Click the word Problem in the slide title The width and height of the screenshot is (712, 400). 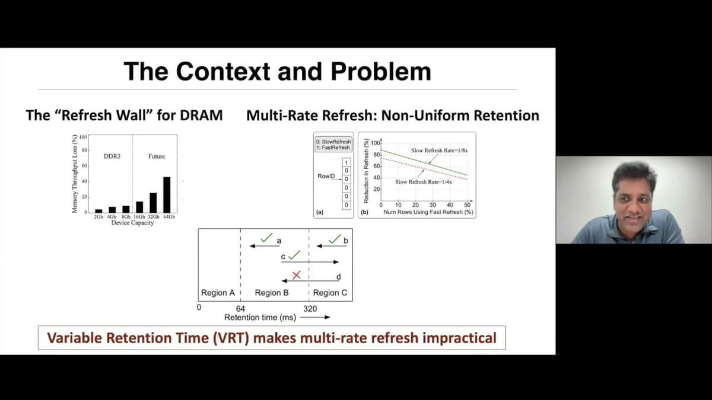381,71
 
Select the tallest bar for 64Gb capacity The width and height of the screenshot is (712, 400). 167,194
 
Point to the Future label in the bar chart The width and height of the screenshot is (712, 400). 157,156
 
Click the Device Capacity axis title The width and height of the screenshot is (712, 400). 133,223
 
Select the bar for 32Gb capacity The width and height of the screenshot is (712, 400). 153,203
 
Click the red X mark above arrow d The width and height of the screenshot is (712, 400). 297,275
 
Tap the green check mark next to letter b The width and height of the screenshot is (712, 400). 335,239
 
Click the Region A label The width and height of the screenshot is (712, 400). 217,293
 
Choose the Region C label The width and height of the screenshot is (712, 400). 330,293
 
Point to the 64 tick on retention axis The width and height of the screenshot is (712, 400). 240,308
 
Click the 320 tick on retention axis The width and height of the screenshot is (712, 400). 310,308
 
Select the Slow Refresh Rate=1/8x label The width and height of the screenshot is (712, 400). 439,151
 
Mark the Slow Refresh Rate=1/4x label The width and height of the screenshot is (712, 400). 424,182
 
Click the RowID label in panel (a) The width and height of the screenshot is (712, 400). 327,177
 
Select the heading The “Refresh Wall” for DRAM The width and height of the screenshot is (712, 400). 125,115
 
